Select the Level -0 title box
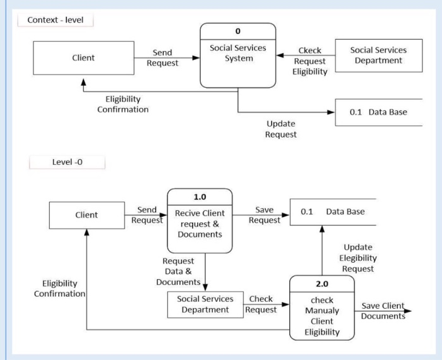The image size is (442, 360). pos(66,162)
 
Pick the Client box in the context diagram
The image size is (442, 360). pos(83,57)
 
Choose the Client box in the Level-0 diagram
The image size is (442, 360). pos(87,215)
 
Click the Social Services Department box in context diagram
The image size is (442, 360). pos(378,56)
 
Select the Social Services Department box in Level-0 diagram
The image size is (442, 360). pos(205,304)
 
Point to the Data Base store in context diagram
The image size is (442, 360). pos(378,112)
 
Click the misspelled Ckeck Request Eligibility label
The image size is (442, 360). pos(309,61)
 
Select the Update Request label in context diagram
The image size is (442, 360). pos(280,129)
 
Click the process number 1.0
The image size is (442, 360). pos(200,197)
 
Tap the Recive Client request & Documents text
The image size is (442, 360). pos(200,224)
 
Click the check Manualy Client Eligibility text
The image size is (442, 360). pos(321,316)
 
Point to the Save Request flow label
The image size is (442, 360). pos(264,215)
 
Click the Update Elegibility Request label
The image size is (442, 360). pos(359,258)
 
